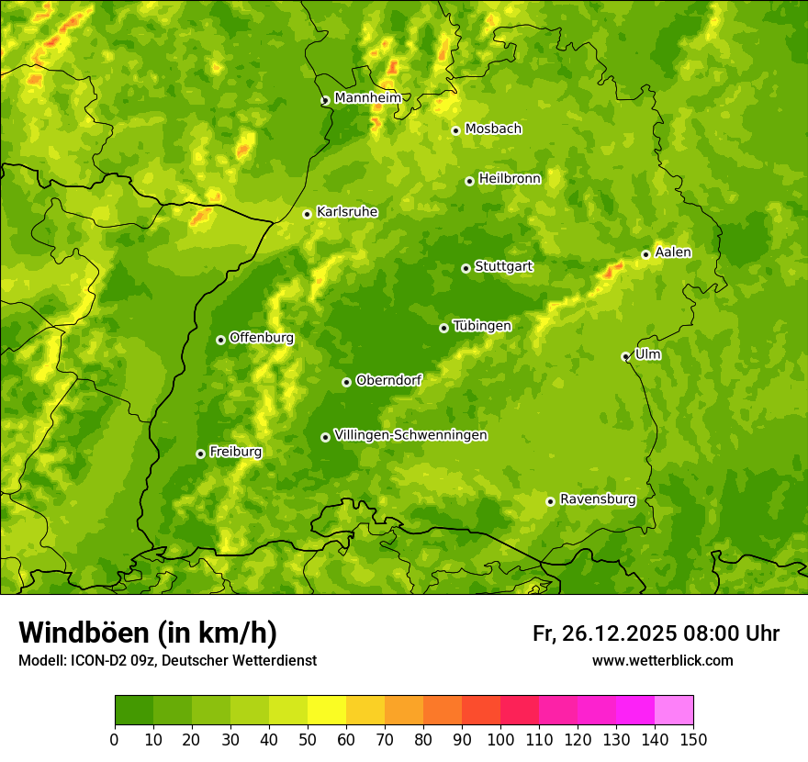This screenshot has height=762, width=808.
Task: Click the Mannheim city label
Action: point(367,98)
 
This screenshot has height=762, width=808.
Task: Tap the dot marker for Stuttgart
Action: point(466,268)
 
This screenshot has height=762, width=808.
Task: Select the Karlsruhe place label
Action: point(346,212)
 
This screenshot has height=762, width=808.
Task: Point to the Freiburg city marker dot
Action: point(200,454)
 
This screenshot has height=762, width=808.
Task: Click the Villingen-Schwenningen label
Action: point(410,435)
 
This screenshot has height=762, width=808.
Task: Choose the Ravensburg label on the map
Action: point(597,499)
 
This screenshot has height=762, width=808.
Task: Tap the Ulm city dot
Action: point(625,356)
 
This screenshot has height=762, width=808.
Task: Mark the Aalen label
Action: point(673,252)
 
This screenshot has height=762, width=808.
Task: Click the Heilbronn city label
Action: point(510,179)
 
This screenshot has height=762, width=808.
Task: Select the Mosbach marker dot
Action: point(455,130)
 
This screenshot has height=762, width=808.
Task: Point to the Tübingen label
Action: point(481,326)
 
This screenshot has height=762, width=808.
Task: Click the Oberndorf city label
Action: point(388,380)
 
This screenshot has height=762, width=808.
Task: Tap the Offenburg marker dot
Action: point(220,340)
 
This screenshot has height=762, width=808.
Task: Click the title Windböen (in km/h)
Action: point(147,633)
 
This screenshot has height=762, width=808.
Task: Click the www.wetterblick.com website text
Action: point(662,660)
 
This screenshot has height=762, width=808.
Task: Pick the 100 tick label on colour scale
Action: point(500,740)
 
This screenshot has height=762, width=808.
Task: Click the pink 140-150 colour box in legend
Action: point(674,711)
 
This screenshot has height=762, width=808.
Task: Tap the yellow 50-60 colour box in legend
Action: point(327,711)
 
